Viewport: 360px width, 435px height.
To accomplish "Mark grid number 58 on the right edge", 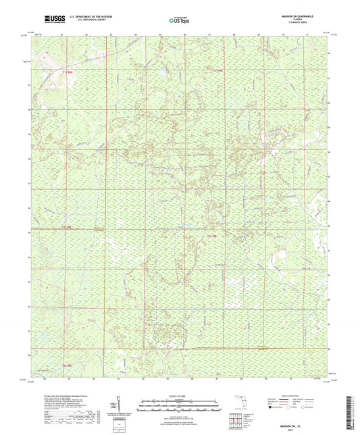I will point(329,159).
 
